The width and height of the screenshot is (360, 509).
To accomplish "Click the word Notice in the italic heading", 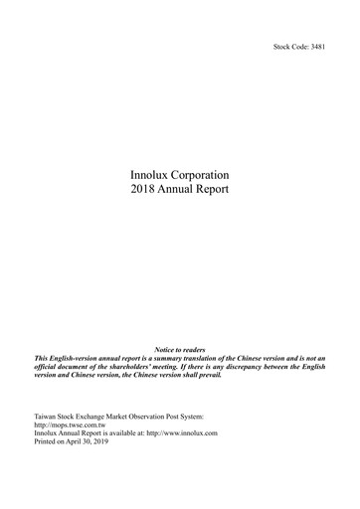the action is (166, 350).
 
